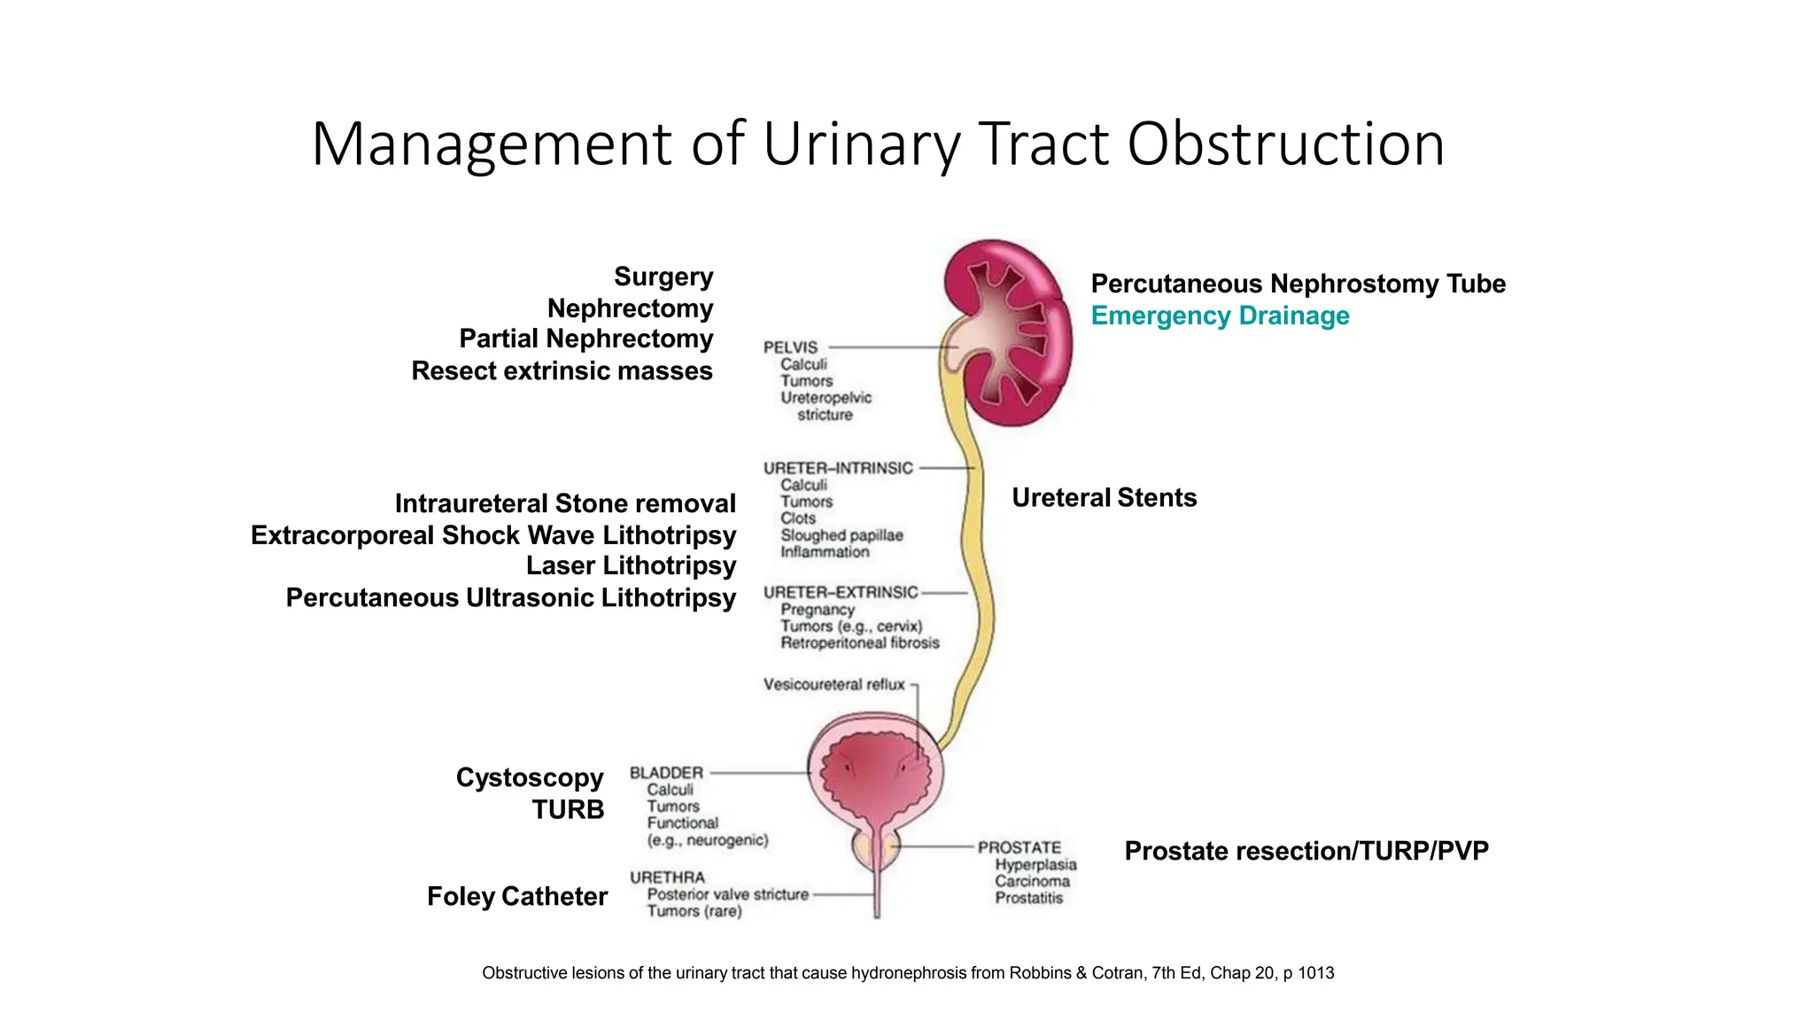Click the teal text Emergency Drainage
[x=1220, y=316]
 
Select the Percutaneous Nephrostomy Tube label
[x=1298, y=284]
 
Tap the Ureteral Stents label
[x=1104, y=498]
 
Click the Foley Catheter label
[x=516, y=896]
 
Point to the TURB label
[x=568, y=809]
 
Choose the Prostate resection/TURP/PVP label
[x=1306, y=851]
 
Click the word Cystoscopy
[x=530, y=777]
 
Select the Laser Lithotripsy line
[x=631, y=565]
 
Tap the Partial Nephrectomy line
[x=585, y=339]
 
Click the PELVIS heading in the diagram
[x=790, y=347]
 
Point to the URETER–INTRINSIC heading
[x=838, y=468]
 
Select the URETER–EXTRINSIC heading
[x=841, y=592]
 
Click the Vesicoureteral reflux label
[x=833, y=684]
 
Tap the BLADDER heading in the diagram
[x=666, y=773]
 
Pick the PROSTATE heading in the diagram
[x=1019, y=847]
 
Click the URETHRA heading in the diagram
[x=667, y=877]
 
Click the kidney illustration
[x=1010, y=332]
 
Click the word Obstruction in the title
[x=1285, y=144]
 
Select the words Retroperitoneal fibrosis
[x=859, y=643]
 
